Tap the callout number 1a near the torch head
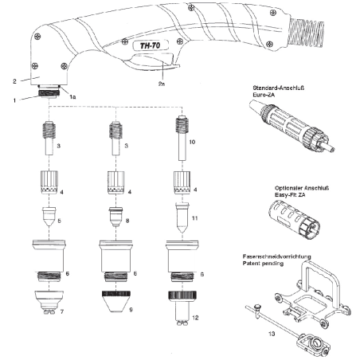pos(72,96)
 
